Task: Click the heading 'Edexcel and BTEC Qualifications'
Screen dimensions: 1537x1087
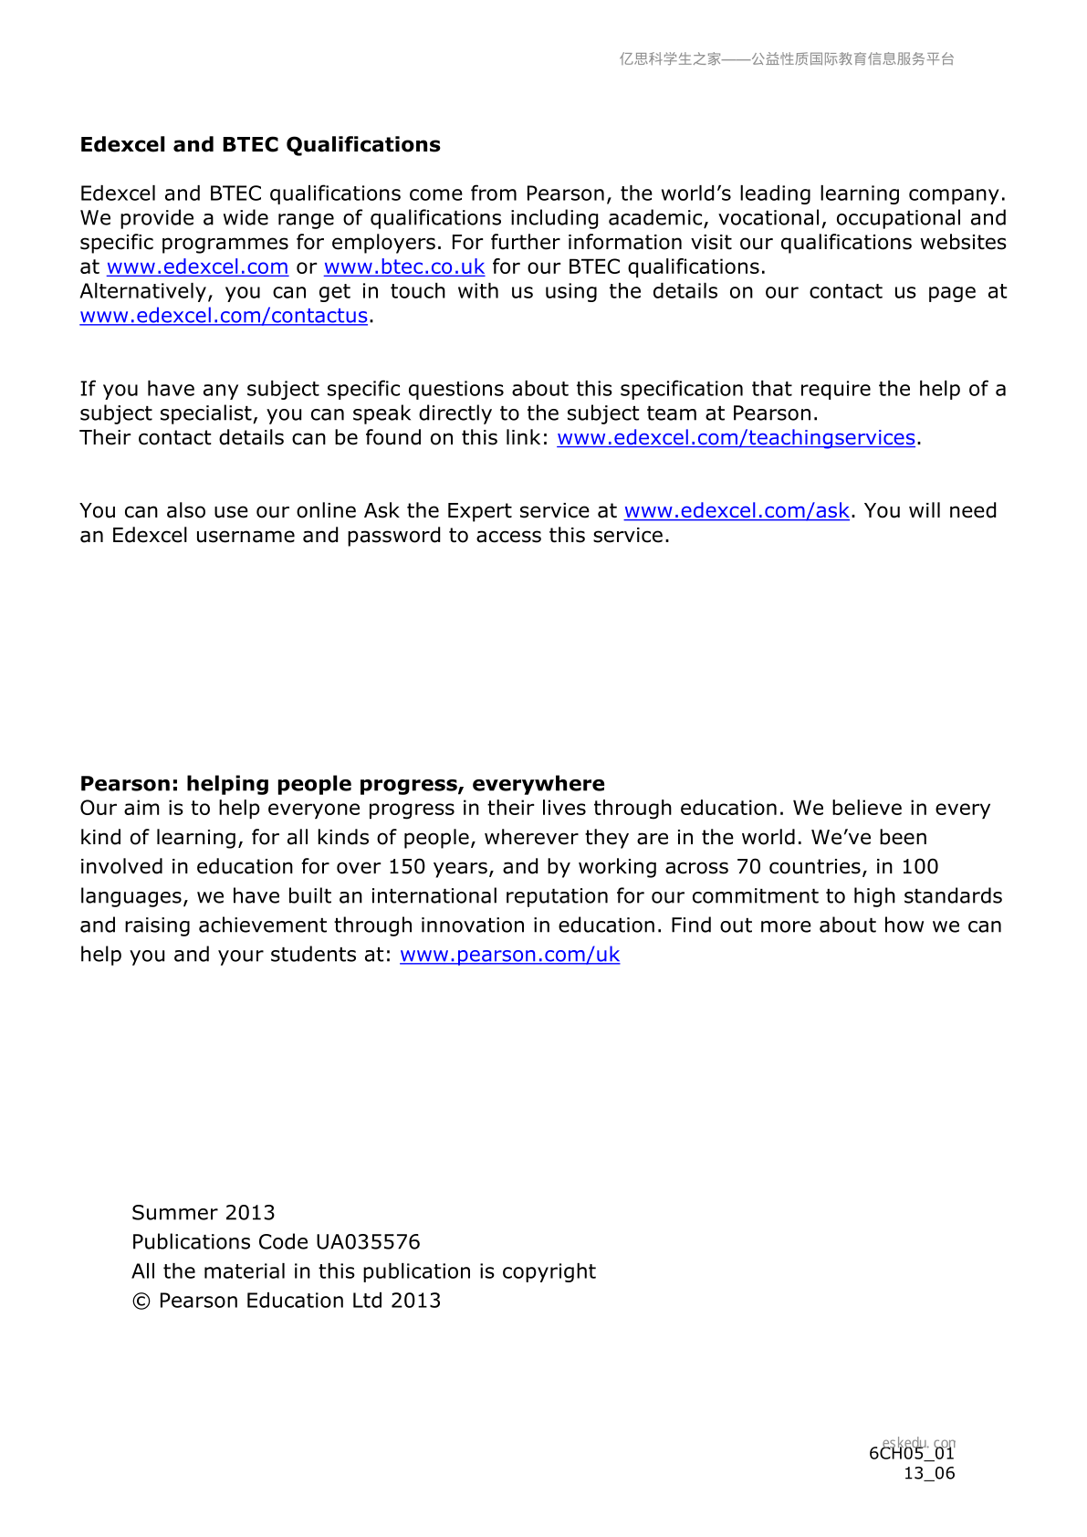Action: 260,145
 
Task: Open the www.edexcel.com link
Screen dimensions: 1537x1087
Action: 197,267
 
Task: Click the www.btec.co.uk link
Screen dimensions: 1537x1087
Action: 403,267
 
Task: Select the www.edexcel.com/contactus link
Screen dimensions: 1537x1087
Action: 224,316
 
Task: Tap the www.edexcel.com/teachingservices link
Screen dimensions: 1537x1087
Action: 736,438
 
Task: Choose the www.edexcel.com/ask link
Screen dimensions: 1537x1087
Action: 737,511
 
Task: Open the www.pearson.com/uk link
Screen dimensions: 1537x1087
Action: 509,955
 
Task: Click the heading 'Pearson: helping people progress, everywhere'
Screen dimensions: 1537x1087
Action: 342,784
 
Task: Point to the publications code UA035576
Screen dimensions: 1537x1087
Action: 368,1242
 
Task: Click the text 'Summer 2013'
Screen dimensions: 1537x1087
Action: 204,1213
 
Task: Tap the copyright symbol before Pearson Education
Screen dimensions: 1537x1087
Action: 141,1302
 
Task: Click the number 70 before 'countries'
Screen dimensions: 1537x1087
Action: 749,867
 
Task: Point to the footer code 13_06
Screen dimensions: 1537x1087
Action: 929,1473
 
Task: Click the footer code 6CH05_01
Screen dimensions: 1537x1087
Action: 911,1454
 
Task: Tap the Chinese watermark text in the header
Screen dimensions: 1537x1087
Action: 787,59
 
